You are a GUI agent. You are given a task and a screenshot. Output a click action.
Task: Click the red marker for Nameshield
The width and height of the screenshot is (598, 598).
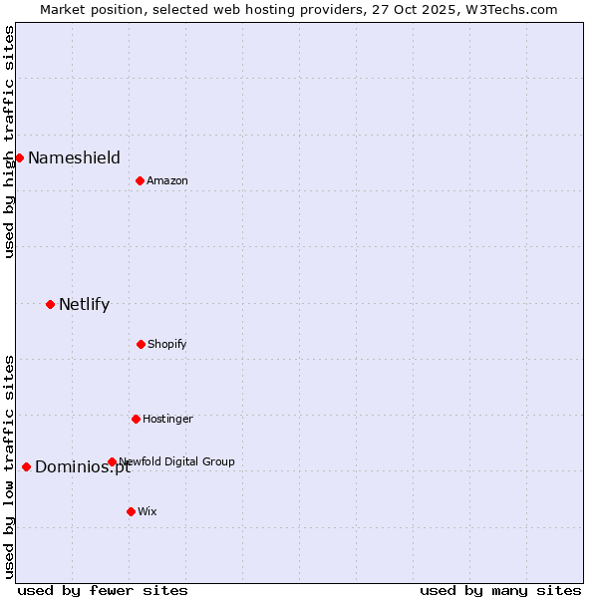pyautogui.click(x=19, y=157)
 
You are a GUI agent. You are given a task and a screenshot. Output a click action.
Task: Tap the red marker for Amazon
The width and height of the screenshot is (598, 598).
pyautogui.click(x=140, y=180)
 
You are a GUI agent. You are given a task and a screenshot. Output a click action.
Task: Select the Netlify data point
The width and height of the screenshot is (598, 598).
pyautogui.click(x=50, y=304)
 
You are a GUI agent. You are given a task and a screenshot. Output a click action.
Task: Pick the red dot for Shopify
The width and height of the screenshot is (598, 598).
pyautogui.click(x=141, y=344)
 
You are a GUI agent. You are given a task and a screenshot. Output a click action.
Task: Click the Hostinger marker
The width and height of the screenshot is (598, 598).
pyautogui.click(x=136, y=419)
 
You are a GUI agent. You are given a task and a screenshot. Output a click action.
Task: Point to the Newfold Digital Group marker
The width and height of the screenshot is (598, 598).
pyautogui.click(x=112, y=461)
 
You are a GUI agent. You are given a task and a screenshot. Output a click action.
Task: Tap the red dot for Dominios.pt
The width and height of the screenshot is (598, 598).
pyautogui.click(x=26, y=466)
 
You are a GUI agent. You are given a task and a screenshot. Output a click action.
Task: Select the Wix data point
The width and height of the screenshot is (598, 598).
pyautogui.click(x=131, y=511)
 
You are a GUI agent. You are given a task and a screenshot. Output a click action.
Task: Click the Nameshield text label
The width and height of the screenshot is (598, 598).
pyautogui.click(x=74, y=157)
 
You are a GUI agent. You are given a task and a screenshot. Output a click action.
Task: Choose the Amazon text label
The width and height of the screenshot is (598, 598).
pyautogui.click(x=167, y=180)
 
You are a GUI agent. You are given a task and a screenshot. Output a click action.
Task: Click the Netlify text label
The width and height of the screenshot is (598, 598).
pyautogui.click(x=84, y=304)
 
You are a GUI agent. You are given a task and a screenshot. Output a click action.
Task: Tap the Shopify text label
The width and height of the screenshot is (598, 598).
pyautogui.click(x=167, y=344)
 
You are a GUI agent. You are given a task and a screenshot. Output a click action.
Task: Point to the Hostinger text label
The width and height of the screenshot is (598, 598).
pyautogui.click(x=167, y=419)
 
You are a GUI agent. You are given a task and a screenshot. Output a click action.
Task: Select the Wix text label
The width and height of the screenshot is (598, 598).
pyautogui.click(x=148, y=511)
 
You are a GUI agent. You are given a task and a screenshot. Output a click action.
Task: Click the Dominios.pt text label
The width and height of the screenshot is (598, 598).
pyautogui.click(x=83, y=467)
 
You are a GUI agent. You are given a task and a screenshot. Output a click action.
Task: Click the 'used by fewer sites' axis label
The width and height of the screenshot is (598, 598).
pyautogui.click(x=103, y=590)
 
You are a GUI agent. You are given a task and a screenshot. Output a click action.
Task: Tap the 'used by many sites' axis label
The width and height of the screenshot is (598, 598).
pyautogui.click(x=500, y=590)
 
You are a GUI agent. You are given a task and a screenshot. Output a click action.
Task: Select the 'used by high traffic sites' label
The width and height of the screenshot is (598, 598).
pyautogui.click(x=9, y=142)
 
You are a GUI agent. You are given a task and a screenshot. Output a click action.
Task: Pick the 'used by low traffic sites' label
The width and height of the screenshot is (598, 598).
pyautogui.click(x=9, y=466)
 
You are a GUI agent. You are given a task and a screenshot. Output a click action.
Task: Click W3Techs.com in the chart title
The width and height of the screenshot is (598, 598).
pyautogui.click(x=506, y=9)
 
